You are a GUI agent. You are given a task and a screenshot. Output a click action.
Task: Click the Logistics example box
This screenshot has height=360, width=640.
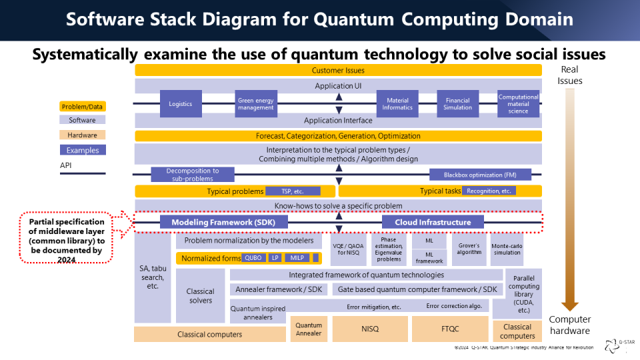tap(180, 104)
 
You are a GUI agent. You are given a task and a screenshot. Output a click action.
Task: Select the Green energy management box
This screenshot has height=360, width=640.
tap(256, 104)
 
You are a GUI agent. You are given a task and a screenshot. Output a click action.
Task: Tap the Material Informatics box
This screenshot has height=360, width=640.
tap(398, 104)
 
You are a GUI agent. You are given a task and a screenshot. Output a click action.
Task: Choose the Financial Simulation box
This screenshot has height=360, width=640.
tap(458, 104)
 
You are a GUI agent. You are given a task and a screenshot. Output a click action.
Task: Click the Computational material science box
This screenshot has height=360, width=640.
tap(518, 104)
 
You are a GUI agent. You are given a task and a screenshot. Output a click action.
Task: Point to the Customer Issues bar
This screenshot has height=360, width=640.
tap(338, 70)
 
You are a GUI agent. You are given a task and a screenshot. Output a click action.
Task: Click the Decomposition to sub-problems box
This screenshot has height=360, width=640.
tap(193, 175)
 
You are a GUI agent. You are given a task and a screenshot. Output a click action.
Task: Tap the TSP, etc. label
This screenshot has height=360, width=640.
tap(293, 191)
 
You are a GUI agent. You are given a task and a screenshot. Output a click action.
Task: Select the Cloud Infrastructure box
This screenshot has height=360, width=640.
tap(433, 222)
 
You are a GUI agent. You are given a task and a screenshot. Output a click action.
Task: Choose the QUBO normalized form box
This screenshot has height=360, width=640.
tap(253, 258)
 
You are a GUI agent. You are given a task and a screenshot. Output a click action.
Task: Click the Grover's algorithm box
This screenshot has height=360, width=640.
tap(469, 249)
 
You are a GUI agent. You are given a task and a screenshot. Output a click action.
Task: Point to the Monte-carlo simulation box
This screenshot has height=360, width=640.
tap(507, 249)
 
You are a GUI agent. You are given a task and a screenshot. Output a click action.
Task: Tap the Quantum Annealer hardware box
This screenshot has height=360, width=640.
tap(308, 329)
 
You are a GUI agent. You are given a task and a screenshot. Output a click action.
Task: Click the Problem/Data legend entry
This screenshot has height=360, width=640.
tap(83, 107)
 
